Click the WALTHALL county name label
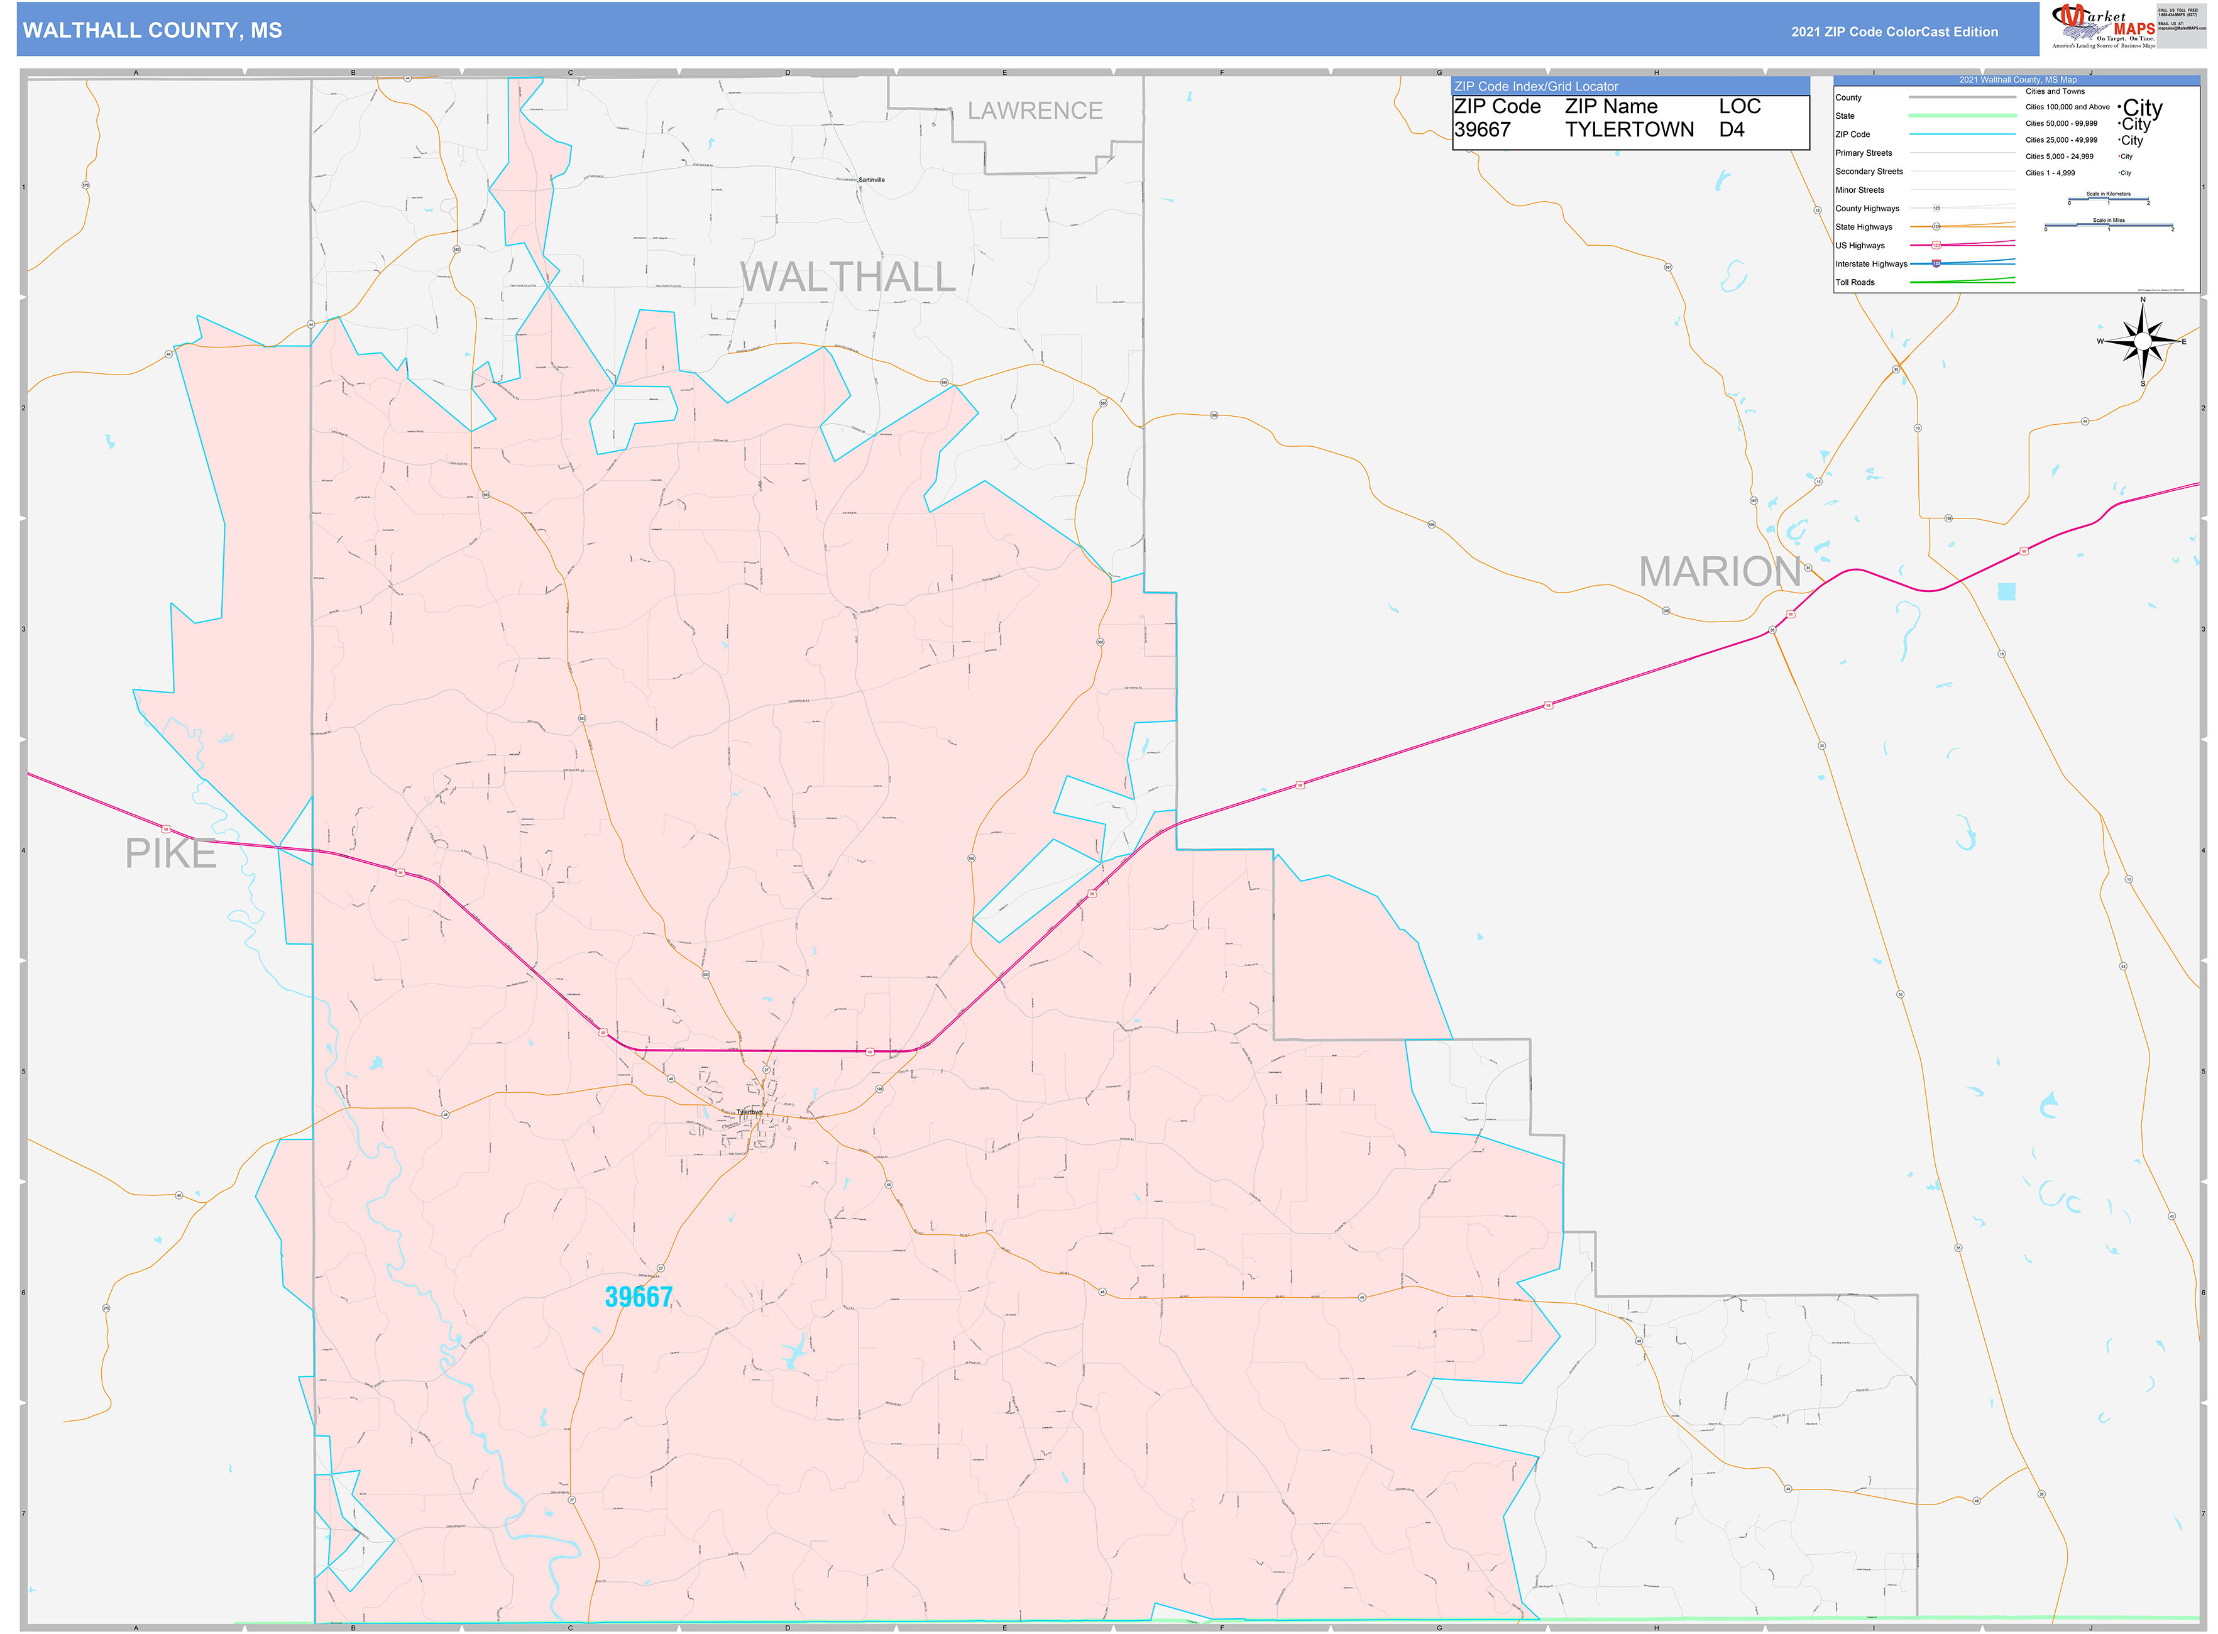848,277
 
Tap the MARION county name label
1720,572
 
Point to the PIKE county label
170,853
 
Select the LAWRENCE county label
1034,111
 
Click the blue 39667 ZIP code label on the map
638,1297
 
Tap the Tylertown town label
749,1112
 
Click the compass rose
2142,341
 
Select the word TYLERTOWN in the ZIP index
1628,129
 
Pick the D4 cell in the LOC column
1732,129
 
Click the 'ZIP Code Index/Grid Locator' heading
1535,87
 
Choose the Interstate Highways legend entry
1871,264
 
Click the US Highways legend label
1860,245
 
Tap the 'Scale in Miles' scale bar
2108,226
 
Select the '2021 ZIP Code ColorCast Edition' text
1894,31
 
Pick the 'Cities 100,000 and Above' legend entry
2067,107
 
